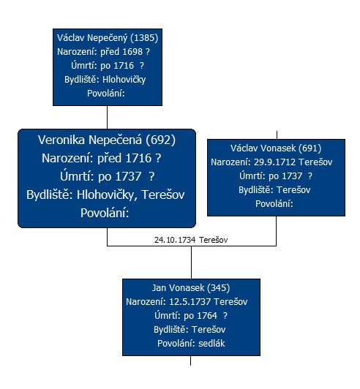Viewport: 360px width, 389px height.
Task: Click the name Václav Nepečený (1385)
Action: pos(108,38)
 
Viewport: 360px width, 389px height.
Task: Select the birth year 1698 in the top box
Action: pos(132,52)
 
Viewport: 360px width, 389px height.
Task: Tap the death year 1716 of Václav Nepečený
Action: pos(124,66)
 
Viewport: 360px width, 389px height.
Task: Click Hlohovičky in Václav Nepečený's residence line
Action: pos(124,80)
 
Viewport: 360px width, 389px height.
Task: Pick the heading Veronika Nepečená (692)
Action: pos(107,140)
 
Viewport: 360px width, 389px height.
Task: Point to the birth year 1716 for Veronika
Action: pos(138,158)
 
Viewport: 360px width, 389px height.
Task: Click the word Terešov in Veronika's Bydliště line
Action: pos(163,194)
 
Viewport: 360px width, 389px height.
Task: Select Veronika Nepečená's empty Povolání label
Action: pos(105,213)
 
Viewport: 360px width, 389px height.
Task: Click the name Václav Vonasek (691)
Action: pos(276,148)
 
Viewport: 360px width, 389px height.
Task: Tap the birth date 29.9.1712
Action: pos(274,162)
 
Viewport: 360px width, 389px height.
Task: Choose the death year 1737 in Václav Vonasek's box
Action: pos(292,176)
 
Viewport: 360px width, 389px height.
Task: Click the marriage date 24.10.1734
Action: pos(175,240)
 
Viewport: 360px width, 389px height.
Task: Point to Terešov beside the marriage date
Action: pos(213,240)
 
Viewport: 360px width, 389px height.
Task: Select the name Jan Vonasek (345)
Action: pos(191,288)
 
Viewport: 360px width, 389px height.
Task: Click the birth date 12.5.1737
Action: pos(190,302)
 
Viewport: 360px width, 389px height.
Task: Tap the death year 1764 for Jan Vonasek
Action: pos(207,316)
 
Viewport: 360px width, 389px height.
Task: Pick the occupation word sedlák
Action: pos(211,344)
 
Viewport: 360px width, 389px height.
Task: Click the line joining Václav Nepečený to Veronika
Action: pos(108,117)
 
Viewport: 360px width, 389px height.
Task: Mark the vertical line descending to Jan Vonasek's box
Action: pos(191,263)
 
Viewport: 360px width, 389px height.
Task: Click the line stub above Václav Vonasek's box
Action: pos(277,135)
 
